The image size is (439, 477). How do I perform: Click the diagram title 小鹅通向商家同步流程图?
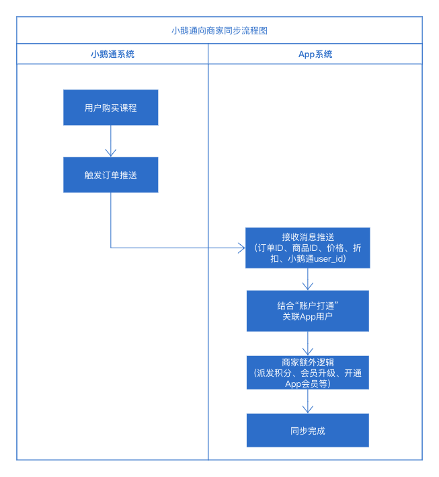pos(219,31)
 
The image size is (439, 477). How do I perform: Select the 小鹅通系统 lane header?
pos(112,54)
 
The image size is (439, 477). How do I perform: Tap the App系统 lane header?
pos(315,54)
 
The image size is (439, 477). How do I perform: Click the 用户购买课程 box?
pos(111,108)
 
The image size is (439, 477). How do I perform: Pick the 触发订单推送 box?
pos(111,175)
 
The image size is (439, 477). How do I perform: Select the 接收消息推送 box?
pos(308,237)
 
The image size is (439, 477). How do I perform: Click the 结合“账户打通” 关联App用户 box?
pos(308,311)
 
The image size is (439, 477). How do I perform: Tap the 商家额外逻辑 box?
pos(308,361)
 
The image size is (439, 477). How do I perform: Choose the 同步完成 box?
pos(308,431)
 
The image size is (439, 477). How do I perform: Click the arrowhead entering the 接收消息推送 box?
pos(241,248)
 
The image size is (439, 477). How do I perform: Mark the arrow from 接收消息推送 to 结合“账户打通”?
pos(308,279)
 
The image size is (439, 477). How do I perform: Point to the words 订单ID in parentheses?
pos(272,248)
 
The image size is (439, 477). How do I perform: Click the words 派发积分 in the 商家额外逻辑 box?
pos(276,373)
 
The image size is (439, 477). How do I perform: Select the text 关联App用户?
pos(308,317)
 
